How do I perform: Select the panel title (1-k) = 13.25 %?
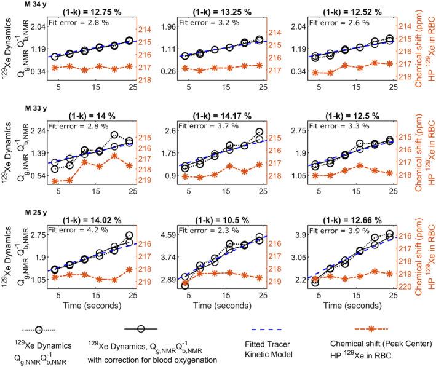(229, 10)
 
